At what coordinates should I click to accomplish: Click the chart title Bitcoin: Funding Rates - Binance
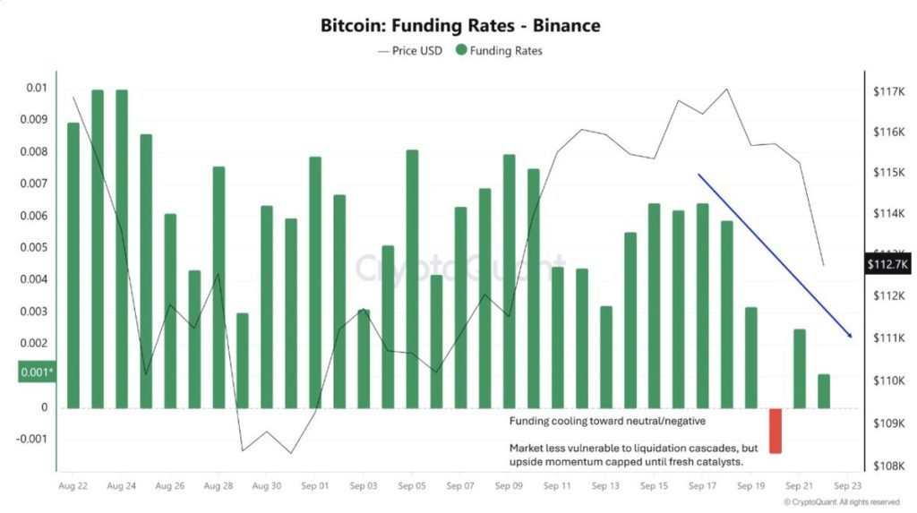460,25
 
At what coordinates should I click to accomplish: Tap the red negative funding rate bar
776,431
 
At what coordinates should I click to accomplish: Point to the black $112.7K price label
887,263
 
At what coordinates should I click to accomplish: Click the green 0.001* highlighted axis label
36,372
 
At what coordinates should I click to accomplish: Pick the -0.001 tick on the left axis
32,439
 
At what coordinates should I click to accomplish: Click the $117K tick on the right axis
887,91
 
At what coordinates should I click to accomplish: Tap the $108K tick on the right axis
887,466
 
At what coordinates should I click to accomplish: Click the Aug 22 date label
73,485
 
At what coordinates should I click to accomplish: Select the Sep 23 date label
846,485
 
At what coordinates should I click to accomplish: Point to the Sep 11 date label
556,485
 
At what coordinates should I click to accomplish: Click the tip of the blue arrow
850,337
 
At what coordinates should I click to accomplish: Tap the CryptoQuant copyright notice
841,502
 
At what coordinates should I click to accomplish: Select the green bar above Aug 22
73,265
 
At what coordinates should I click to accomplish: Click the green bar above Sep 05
412,278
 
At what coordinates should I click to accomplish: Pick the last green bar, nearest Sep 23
824,391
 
